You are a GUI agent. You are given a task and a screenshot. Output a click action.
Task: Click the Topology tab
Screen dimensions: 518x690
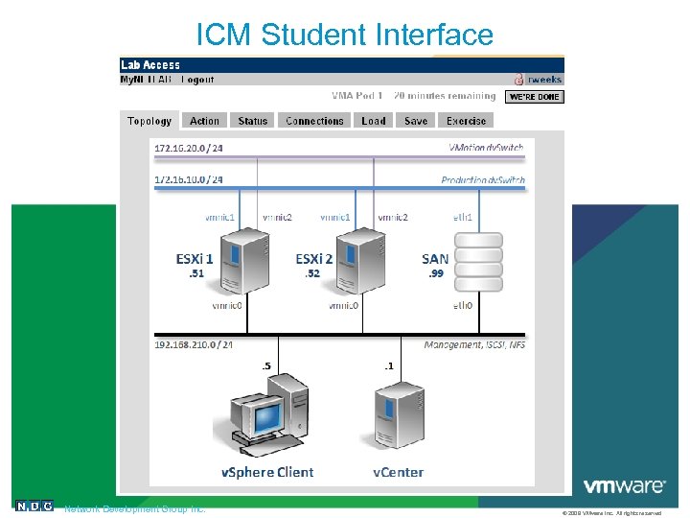click(x=149, y=121)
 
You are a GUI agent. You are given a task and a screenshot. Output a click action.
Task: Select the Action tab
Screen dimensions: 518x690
click(x=204, y=121)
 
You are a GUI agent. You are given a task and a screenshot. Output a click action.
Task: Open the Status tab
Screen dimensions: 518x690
click(x=253, y=121)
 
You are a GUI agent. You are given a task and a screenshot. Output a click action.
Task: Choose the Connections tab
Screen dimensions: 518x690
click(x=314, y=121)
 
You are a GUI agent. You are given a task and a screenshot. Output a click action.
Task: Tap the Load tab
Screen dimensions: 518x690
click(x=374, y=121)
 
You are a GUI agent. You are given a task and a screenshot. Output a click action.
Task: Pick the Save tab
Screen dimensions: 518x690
click(x=416, y=121)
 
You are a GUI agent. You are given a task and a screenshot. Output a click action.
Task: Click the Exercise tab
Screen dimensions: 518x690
click(x=466, y=121)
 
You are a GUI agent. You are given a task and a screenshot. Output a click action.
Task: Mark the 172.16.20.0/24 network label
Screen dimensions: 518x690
click(x=189, y=148)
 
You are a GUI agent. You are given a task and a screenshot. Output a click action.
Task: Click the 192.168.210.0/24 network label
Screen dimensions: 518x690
click(x=194, y=344)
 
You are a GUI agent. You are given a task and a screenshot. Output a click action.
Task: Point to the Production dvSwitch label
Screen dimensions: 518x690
click(x=482, y=179)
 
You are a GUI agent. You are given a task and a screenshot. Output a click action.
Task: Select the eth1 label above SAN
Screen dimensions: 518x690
click(x=463, y=218)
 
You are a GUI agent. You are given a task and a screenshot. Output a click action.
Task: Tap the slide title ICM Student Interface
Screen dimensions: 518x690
click(x=344, y=35)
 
